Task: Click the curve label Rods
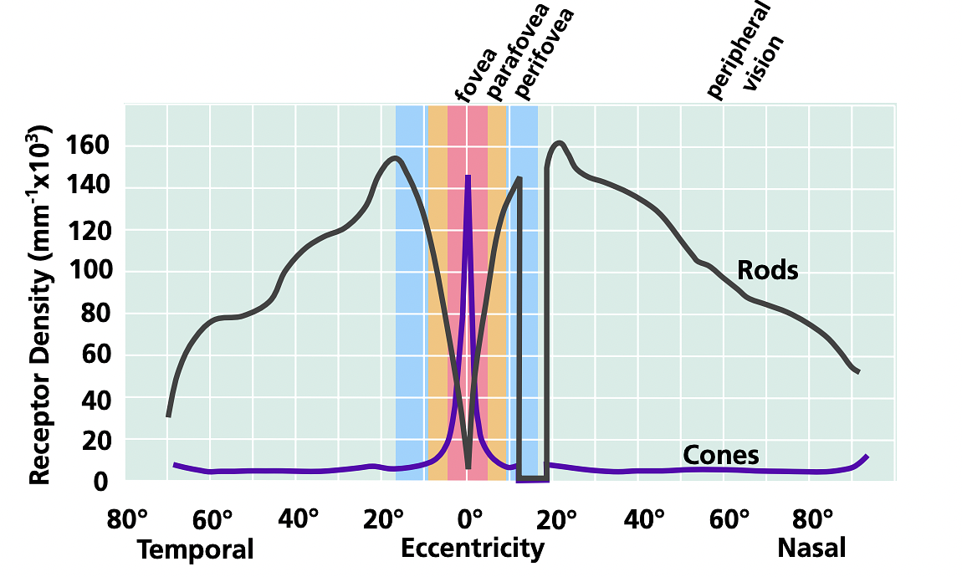click(x=767, y=271)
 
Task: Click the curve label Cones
click(x=720, y=455)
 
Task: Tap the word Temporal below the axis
click(x=195, y=550)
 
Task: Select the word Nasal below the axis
click(x=811, y=549)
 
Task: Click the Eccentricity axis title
click(x=473, y=549)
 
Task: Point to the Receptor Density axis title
click(x=43, y=305)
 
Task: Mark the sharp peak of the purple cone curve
click(x=468, y=177)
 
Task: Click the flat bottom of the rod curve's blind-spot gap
click(x=533, y=477)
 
